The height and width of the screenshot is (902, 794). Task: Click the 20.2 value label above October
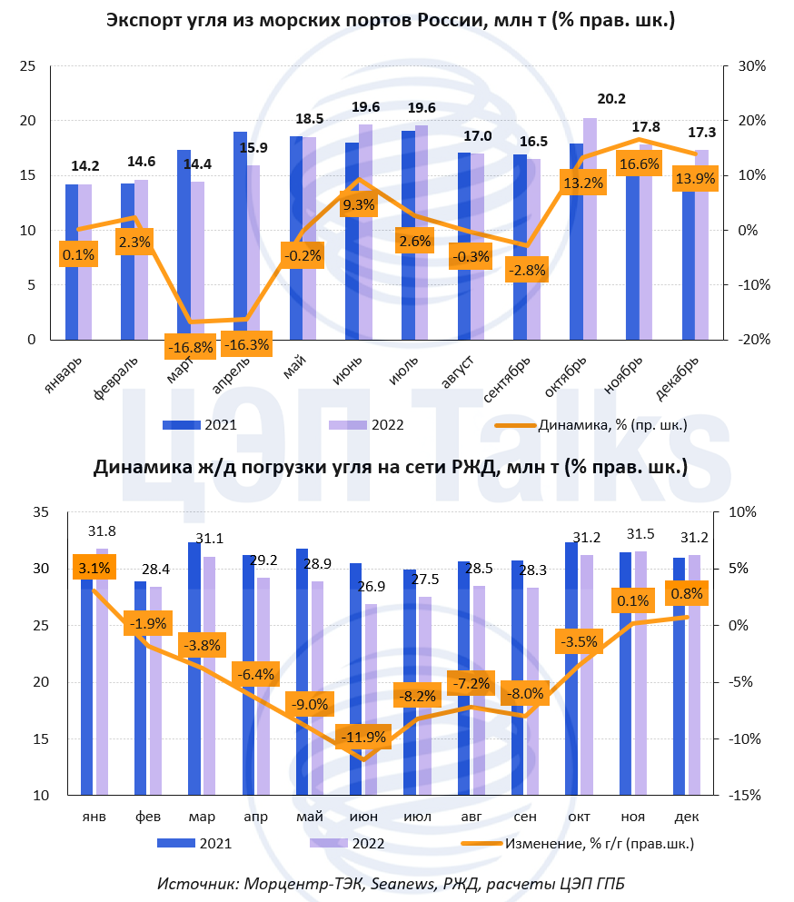click(610, 100)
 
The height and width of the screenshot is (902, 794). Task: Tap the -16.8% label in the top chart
click(190, 346)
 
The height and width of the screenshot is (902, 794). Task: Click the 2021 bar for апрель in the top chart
click(240, 236)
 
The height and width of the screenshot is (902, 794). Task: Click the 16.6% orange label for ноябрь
click(639, 164)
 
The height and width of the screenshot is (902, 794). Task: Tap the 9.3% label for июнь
click(358, 205)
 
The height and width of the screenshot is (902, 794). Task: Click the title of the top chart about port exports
click(391, 21)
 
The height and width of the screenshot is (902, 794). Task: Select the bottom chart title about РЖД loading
click(391, 468)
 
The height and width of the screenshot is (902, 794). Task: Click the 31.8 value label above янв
click(102, 530)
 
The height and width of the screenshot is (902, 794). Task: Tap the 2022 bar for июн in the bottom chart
click(370, 699)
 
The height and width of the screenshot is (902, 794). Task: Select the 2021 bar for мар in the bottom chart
click(194, 669)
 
